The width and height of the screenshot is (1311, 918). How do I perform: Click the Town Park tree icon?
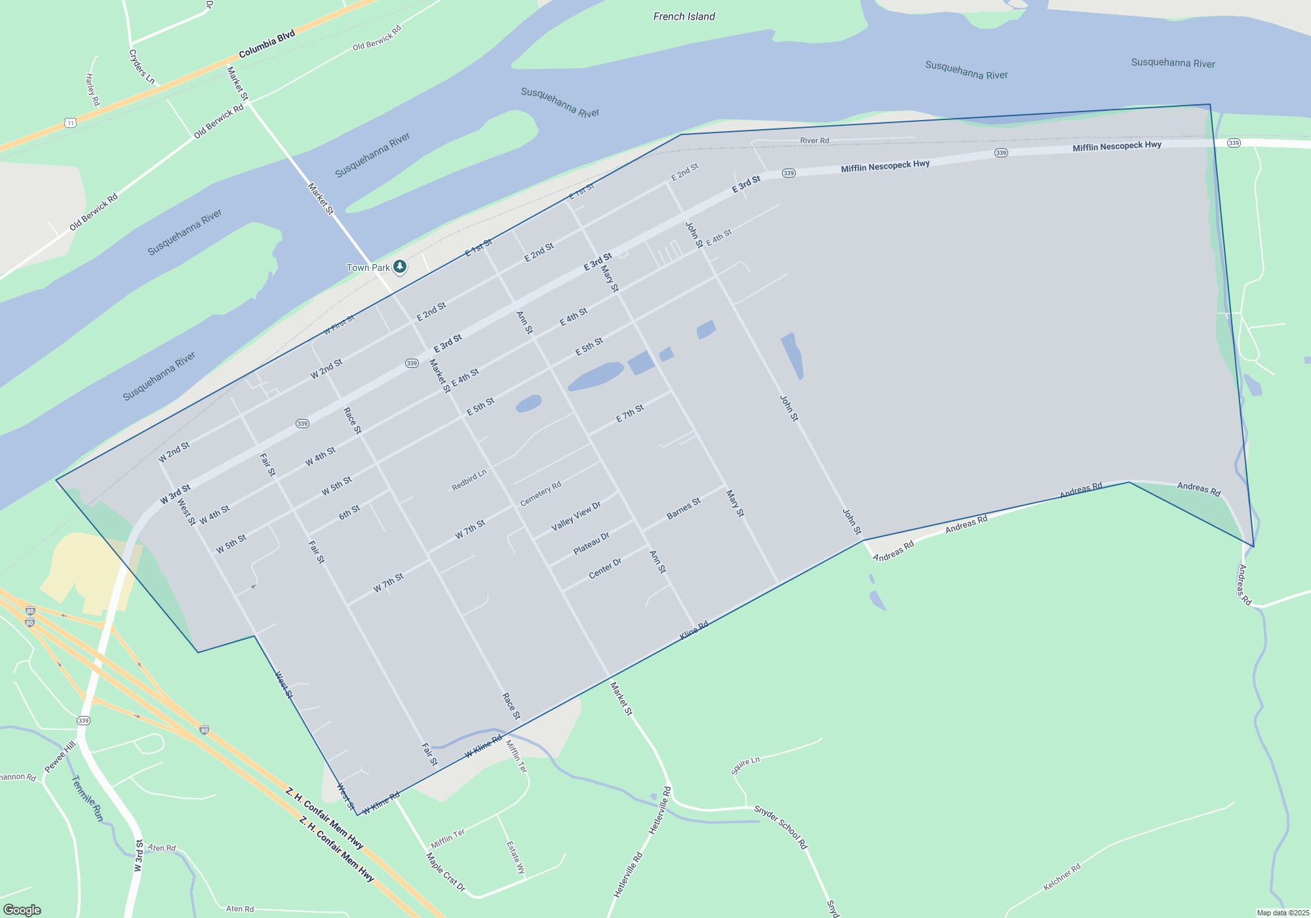(400, 266)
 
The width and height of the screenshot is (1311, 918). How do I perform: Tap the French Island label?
(684, 16)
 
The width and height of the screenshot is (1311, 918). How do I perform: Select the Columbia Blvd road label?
(267, 45)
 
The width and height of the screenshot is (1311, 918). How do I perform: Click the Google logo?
(22, 909)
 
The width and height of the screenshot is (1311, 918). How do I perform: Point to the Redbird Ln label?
(469, 479)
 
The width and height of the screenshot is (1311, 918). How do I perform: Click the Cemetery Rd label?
(541, 494)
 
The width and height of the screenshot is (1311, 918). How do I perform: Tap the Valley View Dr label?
(576, 516)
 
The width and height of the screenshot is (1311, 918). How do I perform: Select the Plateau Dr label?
(591, 543)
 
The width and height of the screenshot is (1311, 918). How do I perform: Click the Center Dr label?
(605, 569)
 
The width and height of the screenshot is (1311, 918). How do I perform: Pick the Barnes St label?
(684, 508)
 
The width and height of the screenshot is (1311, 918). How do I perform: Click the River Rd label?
(814, 140)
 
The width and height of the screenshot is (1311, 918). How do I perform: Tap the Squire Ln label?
(745, 765)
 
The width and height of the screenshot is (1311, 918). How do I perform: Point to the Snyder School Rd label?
(780, 827)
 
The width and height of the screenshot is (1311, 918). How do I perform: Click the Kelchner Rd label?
(1061, 877)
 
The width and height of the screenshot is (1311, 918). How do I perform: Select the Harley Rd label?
(92, 89)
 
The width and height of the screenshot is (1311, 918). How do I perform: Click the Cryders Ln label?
(142, 67)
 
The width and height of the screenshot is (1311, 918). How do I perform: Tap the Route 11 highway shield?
(71, 123)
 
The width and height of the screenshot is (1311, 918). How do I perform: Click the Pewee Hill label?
(60, 757)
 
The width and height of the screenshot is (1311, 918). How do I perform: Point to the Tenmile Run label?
(87, 798)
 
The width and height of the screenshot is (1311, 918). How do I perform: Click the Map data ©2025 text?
(1283, 913)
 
